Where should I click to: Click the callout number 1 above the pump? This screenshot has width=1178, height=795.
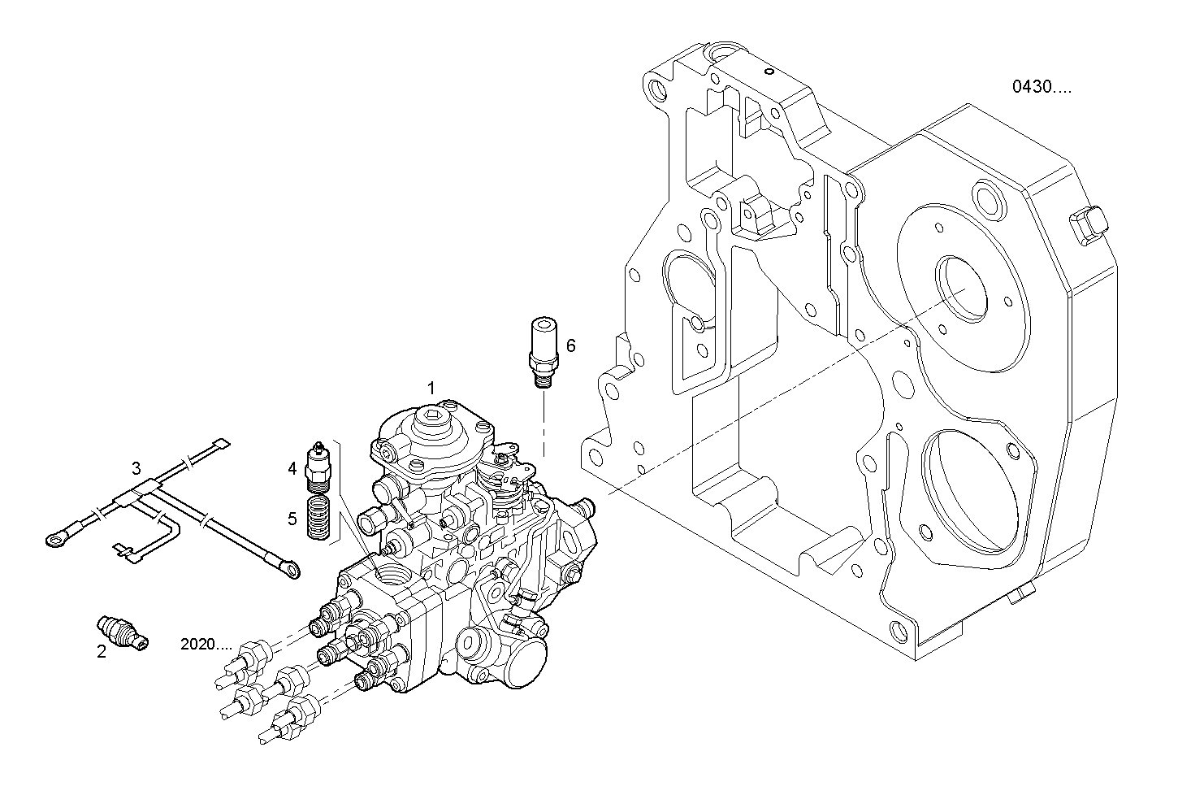point(431,387)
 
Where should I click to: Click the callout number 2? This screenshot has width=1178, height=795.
point(102,651)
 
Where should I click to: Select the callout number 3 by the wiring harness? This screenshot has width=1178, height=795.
point(136,468)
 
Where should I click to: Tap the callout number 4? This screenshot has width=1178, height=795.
point(292,467)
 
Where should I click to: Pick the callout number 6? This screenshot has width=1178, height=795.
point(570,345)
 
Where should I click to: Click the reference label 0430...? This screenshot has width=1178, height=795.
point(1041,87)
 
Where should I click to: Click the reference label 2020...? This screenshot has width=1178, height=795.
point(206,644)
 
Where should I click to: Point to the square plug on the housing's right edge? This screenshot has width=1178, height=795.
point(1088,225)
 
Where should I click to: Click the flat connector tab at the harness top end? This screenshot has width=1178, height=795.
point(219,444)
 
